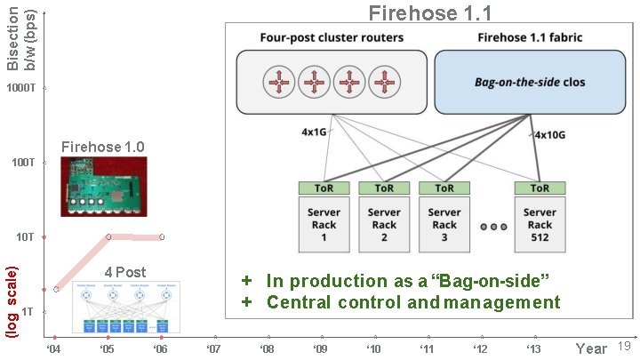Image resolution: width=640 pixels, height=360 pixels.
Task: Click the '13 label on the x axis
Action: [533, 348]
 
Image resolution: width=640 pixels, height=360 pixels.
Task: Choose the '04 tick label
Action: [54, 348]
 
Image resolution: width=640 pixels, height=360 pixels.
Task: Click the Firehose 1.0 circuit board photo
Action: [102, 187]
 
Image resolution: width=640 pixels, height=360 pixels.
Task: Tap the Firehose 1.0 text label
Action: [102, 147]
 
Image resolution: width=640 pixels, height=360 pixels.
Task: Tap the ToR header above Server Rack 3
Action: [444, 188]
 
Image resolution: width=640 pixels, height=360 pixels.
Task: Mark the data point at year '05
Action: [108, 237]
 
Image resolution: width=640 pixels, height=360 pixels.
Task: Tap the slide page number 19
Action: [623, 346]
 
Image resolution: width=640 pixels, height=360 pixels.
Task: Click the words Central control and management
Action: [413, 302]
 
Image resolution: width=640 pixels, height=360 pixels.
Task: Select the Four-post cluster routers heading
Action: [332, 38]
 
